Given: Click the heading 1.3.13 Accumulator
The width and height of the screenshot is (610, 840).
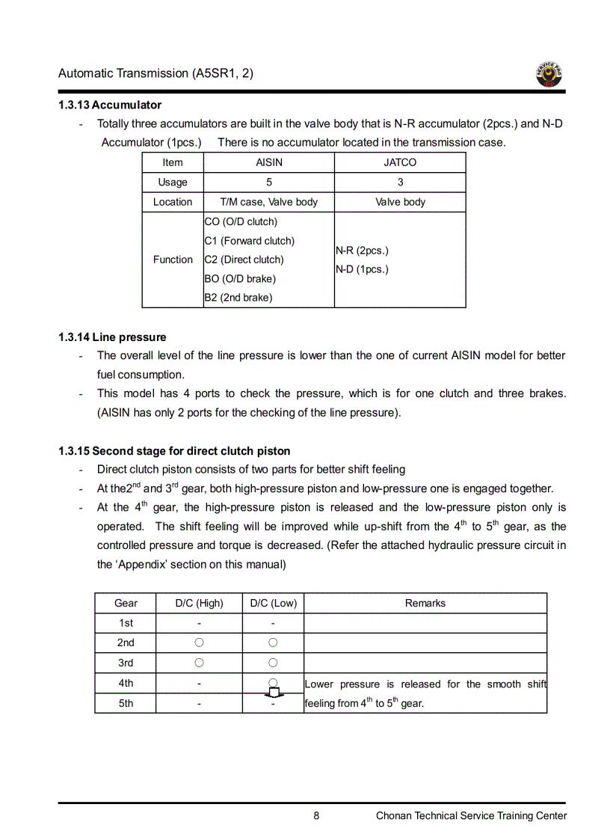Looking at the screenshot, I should [x=110, y=105].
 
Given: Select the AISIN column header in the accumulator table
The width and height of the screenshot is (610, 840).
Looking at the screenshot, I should [x=269, y=162].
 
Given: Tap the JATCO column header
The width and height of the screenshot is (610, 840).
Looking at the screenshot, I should [x=400, y=162].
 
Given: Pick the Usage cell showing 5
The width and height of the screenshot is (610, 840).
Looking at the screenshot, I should [x=269, y=182].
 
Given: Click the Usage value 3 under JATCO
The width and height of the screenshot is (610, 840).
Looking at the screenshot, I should [x=400, y=182].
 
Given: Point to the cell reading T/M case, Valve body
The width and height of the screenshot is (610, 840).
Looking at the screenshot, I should [x=269, y=202].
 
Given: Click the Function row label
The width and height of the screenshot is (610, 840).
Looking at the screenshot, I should [x=173, y=260].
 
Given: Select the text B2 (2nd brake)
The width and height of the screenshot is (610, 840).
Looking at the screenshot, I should [x=238, y=298].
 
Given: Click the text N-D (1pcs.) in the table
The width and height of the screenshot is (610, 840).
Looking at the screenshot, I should [x=362, y=269].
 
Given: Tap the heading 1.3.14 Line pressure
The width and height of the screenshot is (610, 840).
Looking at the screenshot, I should [x=112, y=337].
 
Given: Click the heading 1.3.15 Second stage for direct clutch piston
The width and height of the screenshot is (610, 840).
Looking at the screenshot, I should [x=174, y=451].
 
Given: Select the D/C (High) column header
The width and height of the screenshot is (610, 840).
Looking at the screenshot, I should [x=199, y=603].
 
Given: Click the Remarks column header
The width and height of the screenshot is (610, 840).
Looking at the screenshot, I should [x=425, y=603].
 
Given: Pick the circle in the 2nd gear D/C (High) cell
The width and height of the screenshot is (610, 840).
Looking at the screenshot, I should [x=199, y=643].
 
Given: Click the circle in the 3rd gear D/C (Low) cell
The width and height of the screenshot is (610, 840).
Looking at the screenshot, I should [x=273, y=663].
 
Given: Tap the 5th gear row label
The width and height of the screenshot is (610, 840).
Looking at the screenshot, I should [x=126, y=703].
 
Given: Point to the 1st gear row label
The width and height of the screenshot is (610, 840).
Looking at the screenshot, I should [x=126, y=623].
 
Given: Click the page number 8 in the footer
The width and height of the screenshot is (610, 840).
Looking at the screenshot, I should [x=316, y=816].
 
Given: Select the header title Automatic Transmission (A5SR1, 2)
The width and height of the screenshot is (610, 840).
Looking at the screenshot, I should [x=155, y=73].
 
